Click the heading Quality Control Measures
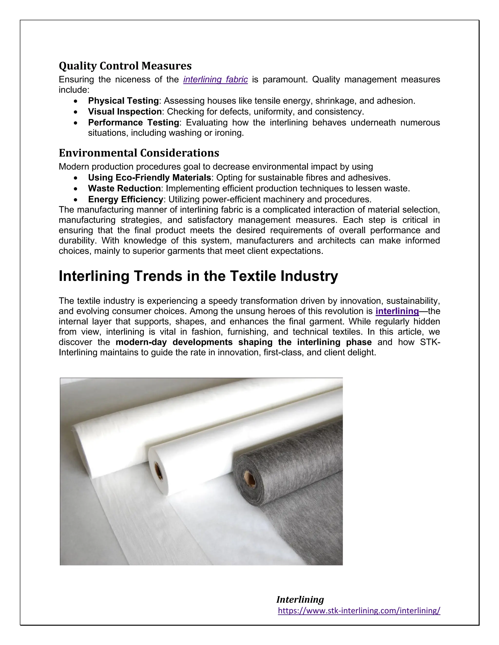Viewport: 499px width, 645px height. pos(125,65)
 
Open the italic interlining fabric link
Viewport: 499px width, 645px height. pos(215,79)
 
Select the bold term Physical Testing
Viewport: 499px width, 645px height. pos(123,101)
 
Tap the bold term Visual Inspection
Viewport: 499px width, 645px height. pos(125,112)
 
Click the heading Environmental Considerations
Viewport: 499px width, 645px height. pos(139,153)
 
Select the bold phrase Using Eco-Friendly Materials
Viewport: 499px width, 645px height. pos(149,177)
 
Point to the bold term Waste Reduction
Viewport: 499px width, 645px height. pos(124,188)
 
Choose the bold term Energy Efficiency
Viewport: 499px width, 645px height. pos(125,199)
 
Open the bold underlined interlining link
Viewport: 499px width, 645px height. pos(397,311)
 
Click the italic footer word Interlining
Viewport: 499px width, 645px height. pos(300,599)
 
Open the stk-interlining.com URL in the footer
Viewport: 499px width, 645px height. pos(359,610)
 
